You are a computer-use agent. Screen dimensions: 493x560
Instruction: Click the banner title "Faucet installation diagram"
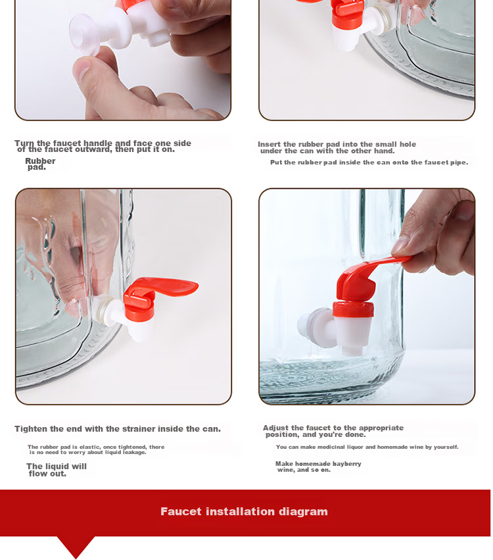(244, 511)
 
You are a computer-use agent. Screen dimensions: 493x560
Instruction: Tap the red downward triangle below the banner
(76, 546)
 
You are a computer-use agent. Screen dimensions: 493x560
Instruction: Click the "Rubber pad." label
(40, 164)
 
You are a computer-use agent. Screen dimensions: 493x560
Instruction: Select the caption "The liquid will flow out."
(57, 470)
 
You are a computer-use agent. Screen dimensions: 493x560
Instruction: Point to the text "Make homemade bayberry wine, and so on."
(318, 467)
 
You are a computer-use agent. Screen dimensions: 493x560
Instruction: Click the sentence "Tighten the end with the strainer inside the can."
(118, 428)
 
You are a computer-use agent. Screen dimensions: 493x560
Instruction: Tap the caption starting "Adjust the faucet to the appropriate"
(333, 431)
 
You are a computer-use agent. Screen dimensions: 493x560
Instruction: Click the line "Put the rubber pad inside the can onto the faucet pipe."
(369, 162)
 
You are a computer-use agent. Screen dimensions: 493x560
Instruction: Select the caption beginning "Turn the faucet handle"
(103, 146)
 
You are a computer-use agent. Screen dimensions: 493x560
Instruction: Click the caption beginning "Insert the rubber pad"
(337, 147)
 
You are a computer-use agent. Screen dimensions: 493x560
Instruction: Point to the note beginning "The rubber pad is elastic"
(96, 449)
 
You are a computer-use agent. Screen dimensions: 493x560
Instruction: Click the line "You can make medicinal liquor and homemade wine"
(367, 447)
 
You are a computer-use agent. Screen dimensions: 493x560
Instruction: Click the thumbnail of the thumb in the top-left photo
(83, 70)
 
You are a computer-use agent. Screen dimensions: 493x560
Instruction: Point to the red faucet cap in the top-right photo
(346, 14)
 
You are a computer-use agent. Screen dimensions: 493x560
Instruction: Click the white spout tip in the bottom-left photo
(140, 332)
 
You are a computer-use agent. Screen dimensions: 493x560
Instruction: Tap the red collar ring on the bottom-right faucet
(353, 309)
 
